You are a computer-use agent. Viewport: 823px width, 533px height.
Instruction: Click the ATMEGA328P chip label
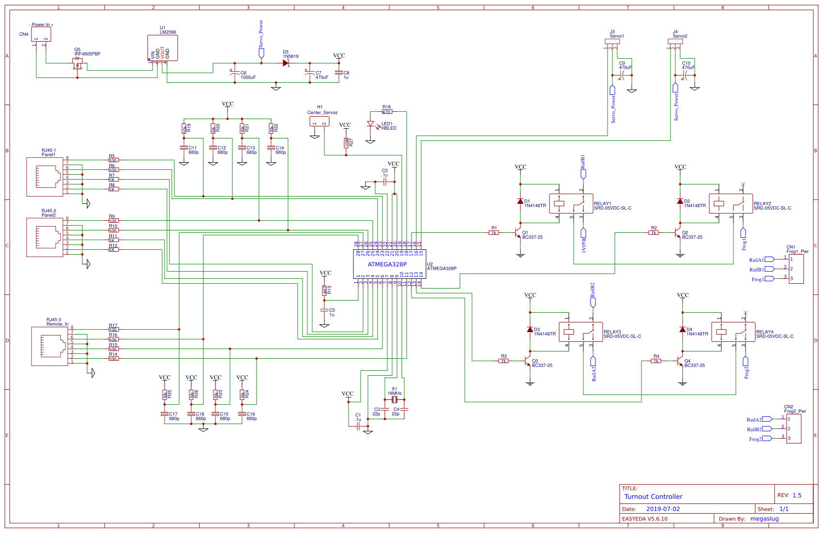[x=387, y=264]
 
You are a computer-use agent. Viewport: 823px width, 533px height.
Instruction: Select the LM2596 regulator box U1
[x=163, y=48]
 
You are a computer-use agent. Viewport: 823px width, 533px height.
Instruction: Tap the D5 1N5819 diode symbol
[x=286, y=63]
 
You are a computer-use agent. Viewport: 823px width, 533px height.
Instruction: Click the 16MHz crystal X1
[x=395, y=399]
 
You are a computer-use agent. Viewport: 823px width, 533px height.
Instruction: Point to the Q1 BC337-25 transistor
[x=518, y=233]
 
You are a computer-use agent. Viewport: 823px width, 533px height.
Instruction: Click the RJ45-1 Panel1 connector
[x=45, y=177]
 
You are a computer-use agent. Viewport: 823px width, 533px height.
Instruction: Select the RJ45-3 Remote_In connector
[x=49, y=346]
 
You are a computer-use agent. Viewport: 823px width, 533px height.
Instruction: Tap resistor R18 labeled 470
[x=386, y=112]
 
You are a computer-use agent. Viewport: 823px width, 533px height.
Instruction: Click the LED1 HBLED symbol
[x=370, y=124]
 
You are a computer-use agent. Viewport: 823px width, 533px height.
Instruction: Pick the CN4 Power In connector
[x=41, y=34]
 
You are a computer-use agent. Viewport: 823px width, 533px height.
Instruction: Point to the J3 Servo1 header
[x=612, y=42]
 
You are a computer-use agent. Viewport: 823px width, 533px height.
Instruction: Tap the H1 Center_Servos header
[x=319, y=121]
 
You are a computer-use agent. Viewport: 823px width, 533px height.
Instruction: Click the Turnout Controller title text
[x=653, y=497]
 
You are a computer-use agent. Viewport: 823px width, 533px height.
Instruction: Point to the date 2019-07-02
[x=663, y=509]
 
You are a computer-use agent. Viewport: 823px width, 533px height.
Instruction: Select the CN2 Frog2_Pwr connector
[x=793, y=428]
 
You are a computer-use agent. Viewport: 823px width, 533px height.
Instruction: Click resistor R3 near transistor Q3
[x=503, y=361]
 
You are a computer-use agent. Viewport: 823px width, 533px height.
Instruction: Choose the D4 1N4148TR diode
[x=682, y=330]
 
